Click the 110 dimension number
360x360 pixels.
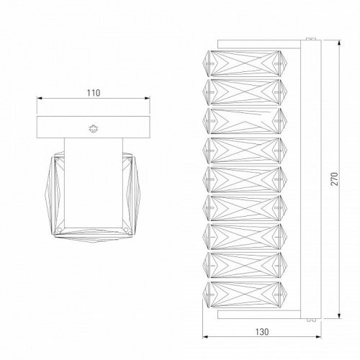[94, 93]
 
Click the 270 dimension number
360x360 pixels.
[334, 179]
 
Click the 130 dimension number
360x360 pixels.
[262, 332]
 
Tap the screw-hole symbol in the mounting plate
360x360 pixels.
[93, 129]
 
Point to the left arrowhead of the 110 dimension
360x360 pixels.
[40, 98]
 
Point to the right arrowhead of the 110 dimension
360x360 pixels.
[147, 98]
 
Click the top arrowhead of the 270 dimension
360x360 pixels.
[339, 43]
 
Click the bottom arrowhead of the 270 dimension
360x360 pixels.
[339, 315]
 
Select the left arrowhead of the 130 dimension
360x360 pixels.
[205, 337]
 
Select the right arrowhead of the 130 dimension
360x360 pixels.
[318, 337]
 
